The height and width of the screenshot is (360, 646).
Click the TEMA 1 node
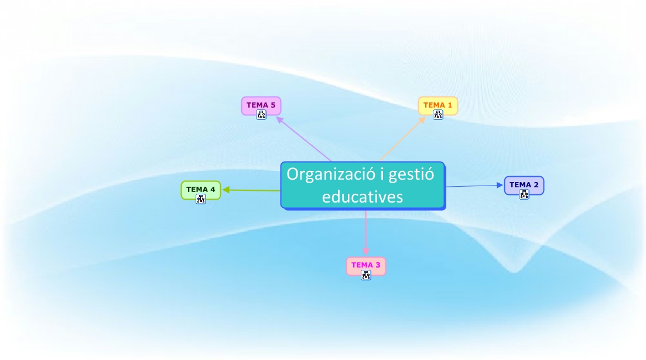click(x=437, y=105)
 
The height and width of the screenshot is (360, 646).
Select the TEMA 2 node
click(x=524, y=184)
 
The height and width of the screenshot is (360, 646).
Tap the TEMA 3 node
click(x=365, y=265)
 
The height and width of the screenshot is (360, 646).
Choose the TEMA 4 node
click(x=200, y=189)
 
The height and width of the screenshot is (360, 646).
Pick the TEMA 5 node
click(x=261, y=105)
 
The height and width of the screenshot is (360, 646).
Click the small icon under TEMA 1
click(x=438, y=115)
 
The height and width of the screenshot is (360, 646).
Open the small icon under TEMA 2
click(x=524, y=194)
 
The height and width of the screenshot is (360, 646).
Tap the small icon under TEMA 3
click(x=366, y=275)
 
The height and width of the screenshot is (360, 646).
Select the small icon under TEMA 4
click(x=201, y=199)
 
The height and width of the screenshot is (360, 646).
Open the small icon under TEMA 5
click(x=261, y=115)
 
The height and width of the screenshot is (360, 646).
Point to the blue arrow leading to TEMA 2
click(x=474, y=186)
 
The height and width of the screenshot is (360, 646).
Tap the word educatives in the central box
click(x=363, y=196)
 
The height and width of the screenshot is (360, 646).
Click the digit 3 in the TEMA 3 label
click(x=378, y=265)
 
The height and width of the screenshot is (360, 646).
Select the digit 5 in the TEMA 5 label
click(x=272, y=105)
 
